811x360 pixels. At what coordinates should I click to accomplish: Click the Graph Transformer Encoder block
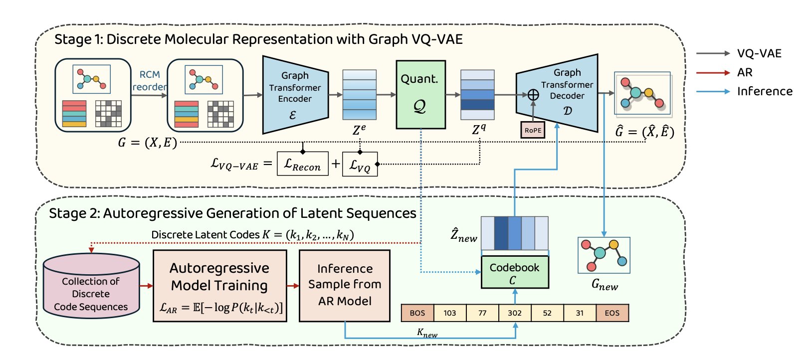coord(295,95)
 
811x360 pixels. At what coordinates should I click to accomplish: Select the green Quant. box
coord(420,95)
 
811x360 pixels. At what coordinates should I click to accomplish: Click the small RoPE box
coord(533,131)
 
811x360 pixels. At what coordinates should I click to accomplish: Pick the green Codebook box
coord(514,273)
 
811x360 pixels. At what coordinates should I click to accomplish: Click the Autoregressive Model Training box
coord(219,286)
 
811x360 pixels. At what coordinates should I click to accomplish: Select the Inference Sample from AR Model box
coord(345,285)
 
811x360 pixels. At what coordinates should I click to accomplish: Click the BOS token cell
coord(417,313)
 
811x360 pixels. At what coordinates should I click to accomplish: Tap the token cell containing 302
coord(514,313)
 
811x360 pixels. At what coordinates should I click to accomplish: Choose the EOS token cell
coord(612,313)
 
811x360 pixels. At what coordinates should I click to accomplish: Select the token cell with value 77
coord(482,313)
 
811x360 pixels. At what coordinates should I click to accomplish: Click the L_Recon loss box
coord(302,164)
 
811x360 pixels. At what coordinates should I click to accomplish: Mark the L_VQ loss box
coord(360,165)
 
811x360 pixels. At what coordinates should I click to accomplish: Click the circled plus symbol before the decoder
coord(533,95)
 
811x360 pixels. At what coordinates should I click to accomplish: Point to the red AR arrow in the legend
coord(713,73)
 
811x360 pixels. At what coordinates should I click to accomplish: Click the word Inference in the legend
coord(765,91)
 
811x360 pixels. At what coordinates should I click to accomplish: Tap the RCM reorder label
coord(149,80)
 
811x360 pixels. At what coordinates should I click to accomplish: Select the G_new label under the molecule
coord(605,285)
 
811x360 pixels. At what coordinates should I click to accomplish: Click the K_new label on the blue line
coord(427,333)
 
